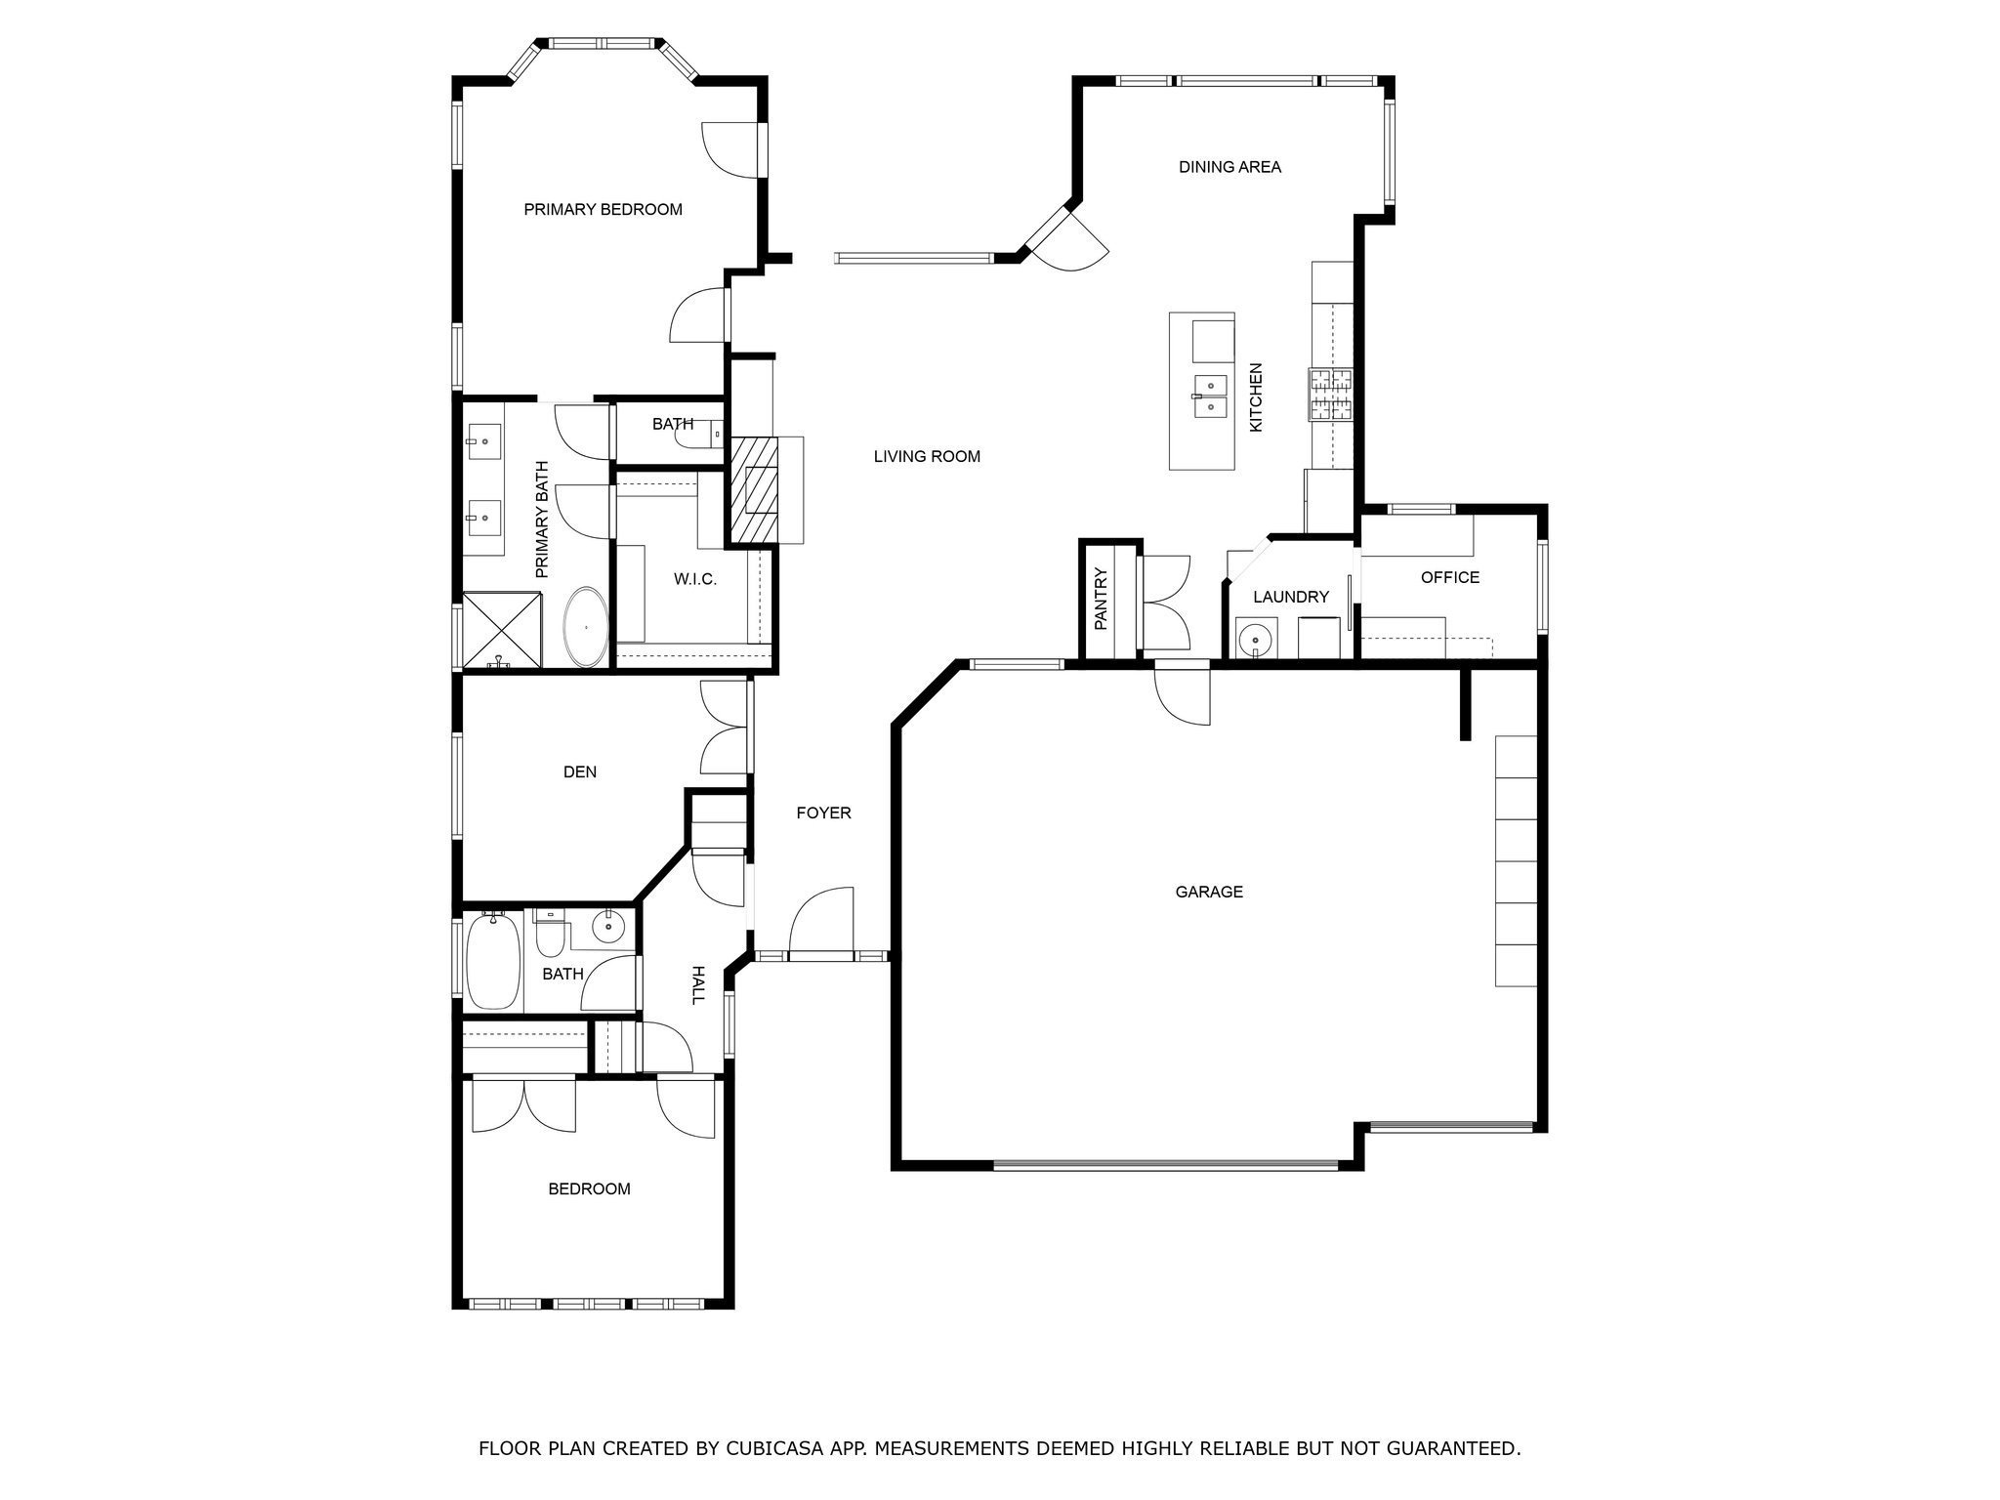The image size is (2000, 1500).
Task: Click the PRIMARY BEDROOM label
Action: coord(603,209)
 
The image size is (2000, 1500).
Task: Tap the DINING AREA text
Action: coord(1229,167)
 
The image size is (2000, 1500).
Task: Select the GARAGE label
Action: coord(1209,892)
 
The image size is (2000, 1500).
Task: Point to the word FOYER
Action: coord(823,812)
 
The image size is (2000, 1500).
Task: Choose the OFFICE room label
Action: coord(1449,577)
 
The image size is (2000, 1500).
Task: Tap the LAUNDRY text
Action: coord(1290,597)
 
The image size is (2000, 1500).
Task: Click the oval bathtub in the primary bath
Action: coord(586,627)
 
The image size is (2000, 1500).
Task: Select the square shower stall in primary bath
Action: coord(501,631)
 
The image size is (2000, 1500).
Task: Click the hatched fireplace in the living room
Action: coord(753,490)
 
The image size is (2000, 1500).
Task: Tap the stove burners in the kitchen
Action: coord(1330,395)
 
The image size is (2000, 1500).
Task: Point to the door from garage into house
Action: coord(1182,693)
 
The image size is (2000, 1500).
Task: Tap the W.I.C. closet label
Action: coord(694,579)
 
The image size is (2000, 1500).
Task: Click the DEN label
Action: coord(579,771)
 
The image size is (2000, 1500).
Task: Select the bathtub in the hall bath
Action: coord(493,961)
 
